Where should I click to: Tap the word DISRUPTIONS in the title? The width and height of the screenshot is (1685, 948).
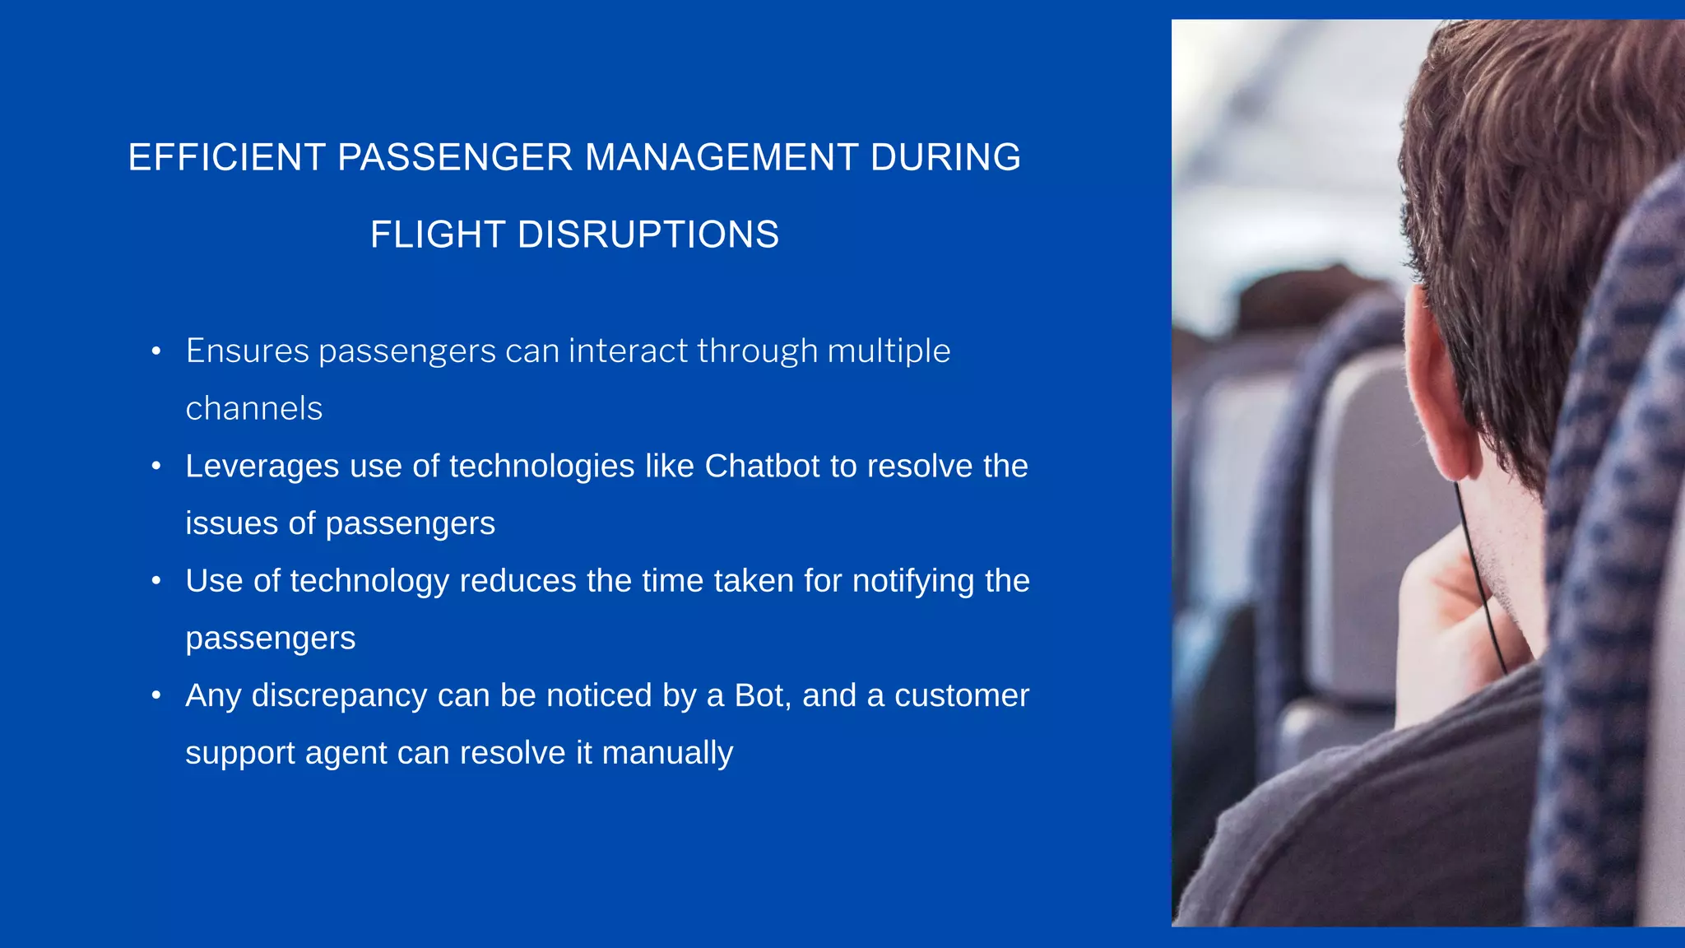click(x=648, y=235)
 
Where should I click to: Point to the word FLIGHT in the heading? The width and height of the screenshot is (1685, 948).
click(x=437, y=235)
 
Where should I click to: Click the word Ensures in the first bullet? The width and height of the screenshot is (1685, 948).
click(x=247, y=351)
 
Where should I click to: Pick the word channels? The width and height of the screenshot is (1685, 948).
click(x=253, y=409)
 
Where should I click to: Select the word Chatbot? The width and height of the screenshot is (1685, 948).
click(x=763, y=467)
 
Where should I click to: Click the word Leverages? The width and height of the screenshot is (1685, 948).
click(x=262, y=467)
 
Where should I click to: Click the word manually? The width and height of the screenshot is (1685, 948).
click(x=667, y=754)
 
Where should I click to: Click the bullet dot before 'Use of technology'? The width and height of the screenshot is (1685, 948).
click(x=156, y=582)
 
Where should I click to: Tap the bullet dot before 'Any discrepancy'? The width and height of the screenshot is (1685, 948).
click(x=156, y=696)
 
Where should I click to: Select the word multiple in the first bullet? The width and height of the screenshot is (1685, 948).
click(x=889, y=351)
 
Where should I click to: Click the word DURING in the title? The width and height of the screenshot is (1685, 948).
click(x=945, y=157)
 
